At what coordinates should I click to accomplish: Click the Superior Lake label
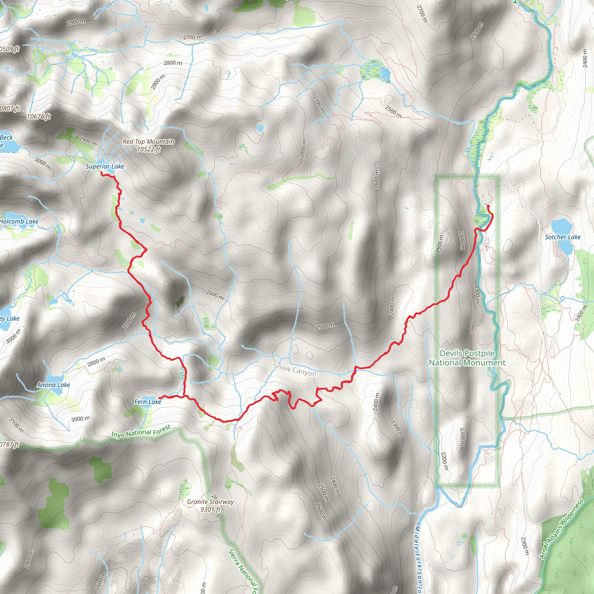pos(104,166)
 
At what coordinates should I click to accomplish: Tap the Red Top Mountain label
pos(148,142)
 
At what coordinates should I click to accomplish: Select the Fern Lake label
pos(148,401)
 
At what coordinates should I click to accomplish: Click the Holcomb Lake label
pos(19,221)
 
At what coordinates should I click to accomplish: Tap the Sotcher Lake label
pos(562,237)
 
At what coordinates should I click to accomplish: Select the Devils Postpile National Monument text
pos(467,358)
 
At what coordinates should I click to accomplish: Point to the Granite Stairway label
pos(210,502)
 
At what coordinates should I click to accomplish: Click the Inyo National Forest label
pos(140,431)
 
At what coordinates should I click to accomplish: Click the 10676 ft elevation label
pos(39,116)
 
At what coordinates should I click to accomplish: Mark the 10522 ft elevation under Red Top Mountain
pos(148,149)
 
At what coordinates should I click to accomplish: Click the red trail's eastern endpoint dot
pos(488,206)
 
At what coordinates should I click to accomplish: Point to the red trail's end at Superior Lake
pos(102,173)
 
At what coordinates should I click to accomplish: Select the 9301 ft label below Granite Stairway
pos(211,509)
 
